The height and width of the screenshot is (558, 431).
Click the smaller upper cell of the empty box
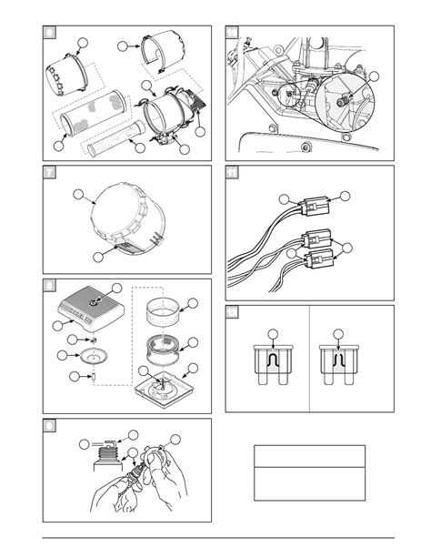[309, 455]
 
